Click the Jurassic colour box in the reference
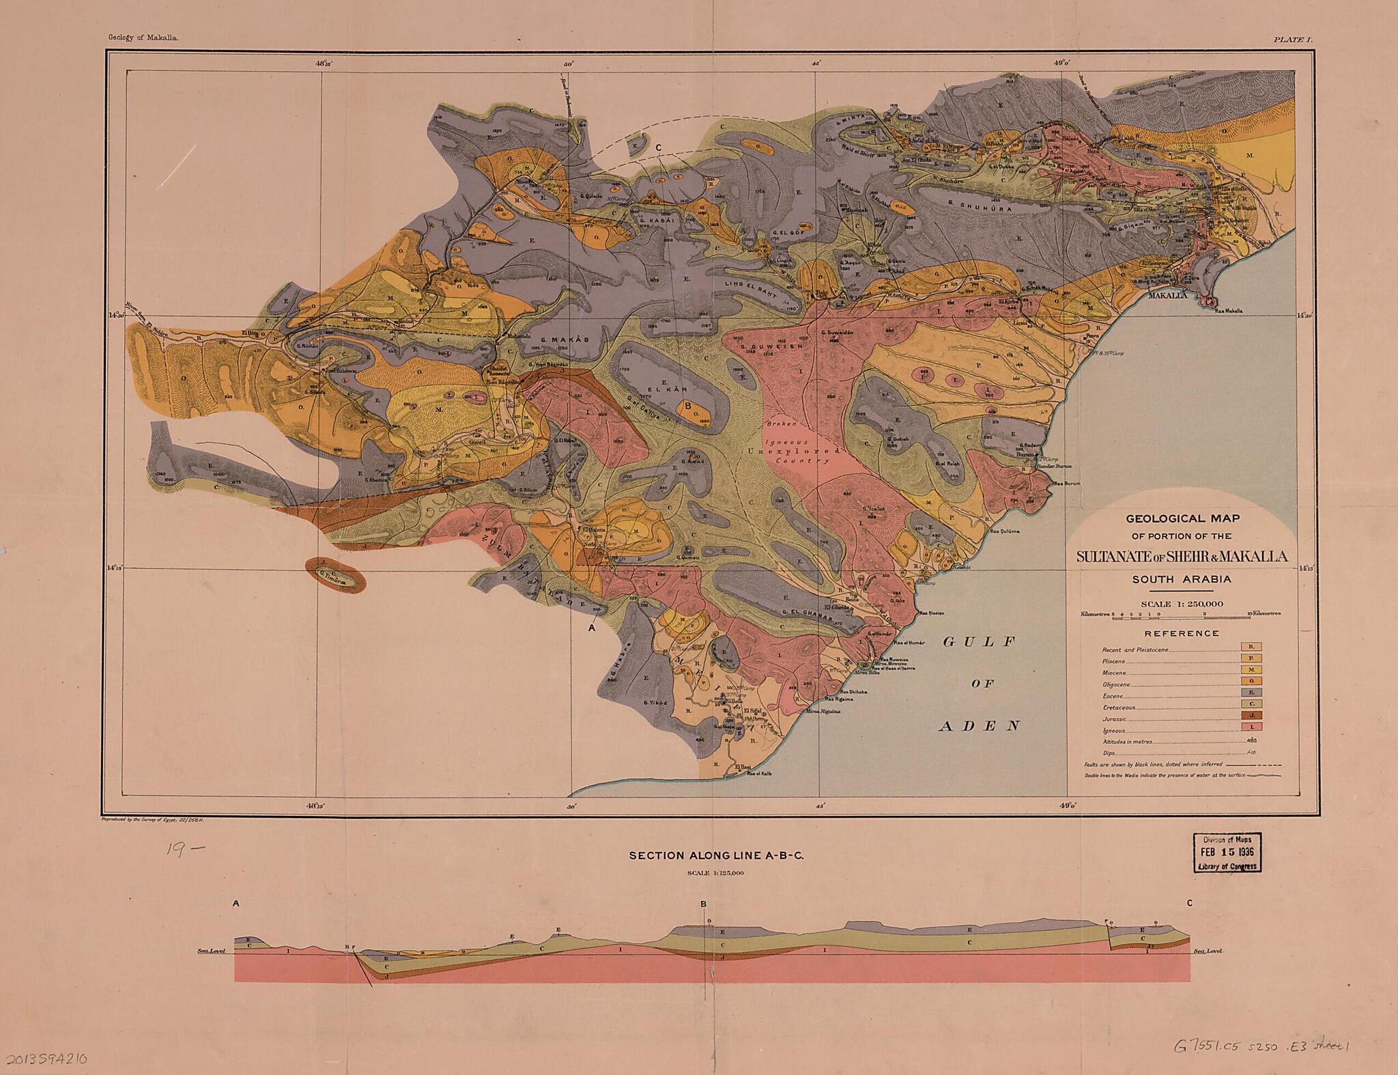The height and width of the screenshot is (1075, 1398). (1251, 715)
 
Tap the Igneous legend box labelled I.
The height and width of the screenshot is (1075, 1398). (1251, 727)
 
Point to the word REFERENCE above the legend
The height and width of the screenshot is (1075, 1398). (1182, 633)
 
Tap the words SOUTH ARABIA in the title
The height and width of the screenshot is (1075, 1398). (1182, 579)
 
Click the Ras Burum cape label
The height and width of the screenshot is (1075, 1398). (1068, 484)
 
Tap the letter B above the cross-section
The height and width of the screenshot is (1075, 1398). (703, 905)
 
